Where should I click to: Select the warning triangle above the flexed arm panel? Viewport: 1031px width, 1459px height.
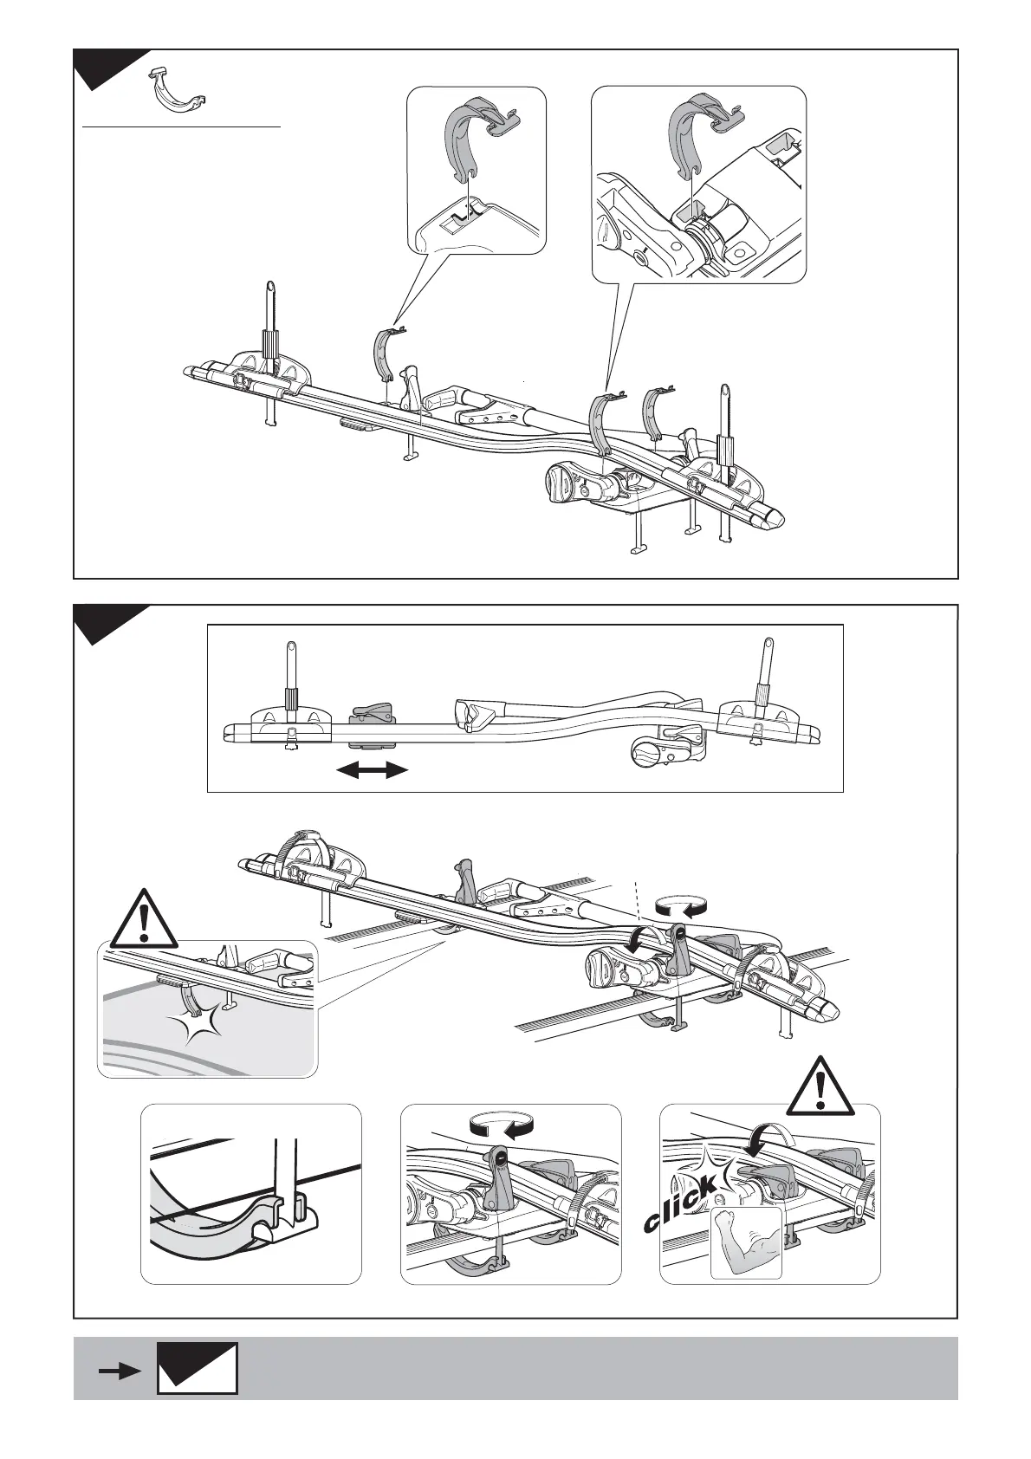(820, 1084)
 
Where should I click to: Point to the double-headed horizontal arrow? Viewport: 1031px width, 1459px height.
(373, 769)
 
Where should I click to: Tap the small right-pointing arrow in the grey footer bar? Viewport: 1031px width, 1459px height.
(119, 1371)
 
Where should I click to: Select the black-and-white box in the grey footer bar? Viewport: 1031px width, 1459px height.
(198, 1368)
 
